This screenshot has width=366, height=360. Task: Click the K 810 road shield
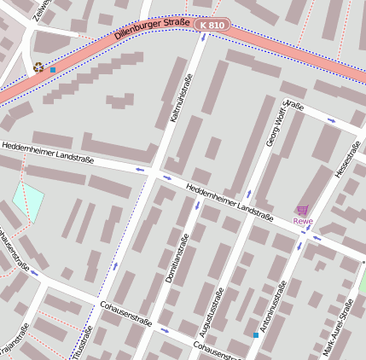212,26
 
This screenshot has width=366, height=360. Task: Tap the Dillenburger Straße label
152,32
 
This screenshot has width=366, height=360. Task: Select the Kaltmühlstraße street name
182,99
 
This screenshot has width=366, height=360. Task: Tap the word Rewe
303,222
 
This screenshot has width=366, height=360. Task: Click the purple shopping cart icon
302,210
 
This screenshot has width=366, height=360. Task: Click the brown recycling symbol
38,67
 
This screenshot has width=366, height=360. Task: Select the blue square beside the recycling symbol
53,70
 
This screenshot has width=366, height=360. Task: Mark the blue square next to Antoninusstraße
255,335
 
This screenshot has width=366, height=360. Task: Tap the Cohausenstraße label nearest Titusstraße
125,313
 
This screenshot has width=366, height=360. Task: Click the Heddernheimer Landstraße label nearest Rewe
229,200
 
